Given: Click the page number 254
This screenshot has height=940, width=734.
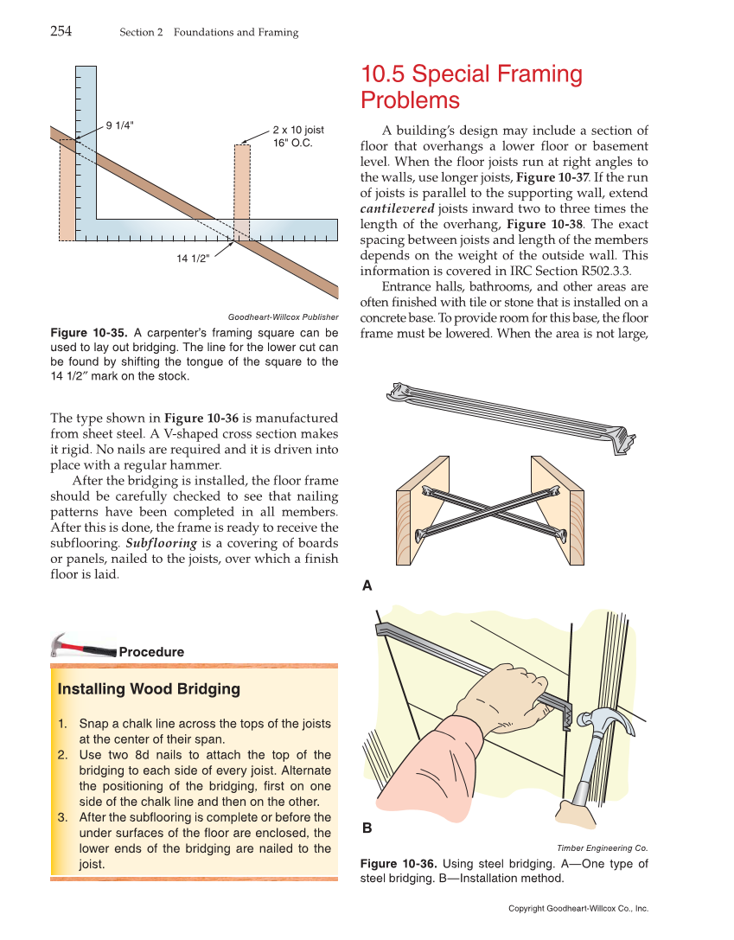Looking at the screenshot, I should [x=61, y=32].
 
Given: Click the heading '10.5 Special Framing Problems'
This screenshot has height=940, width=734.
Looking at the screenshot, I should [x=471, y=87].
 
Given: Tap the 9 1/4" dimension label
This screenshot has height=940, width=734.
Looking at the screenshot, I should [x=119, y=125].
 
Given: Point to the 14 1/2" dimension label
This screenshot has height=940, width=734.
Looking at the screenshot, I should [x=193, y=259].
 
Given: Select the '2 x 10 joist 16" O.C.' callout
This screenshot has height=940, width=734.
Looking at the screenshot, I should [x=298, y=136].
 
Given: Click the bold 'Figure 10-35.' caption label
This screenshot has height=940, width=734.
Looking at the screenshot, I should [x=90, y=333].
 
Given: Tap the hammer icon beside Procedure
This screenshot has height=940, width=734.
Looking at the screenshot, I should [x=82, y=646].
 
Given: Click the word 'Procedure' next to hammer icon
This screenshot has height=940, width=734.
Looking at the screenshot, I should [x=151, y=652].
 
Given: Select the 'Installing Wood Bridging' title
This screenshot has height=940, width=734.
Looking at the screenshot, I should [x=149, y=689].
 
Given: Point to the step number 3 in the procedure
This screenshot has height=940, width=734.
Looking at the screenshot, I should [x=62, y=817].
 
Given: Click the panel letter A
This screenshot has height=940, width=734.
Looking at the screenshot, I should [x=367, y=585].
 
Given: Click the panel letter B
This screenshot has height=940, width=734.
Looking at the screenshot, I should [x=367, y=828].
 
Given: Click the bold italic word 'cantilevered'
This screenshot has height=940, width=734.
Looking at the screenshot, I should [x=397, y=208].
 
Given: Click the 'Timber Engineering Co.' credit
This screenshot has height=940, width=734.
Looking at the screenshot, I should [x=602, y=848].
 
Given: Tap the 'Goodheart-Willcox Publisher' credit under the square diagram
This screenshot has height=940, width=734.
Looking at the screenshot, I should [x=283, y=317].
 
